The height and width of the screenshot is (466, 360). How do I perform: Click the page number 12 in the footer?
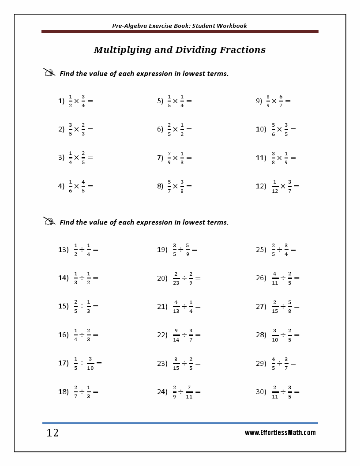pos(52,433)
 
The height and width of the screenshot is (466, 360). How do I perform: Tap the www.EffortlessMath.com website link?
pos(280,433)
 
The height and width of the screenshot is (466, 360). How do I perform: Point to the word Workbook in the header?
pos(232,26)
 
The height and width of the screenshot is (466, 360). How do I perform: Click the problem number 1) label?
pos(61,101)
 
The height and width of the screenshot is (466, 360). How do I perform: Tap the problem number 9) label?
pos(259,101)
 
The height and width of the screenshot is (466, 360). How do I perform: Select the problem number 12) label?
pos(261,186)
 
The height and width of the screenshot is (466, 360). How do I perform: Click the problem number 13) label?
pos(63,250)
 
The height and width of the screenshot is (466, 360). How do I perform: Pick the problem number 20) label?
pos(162,278)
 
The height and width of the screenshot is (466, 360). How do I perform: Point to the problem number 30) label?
pos(261,391)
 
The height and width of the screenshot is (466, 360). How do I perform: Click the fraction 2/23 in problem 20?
pos(176,278)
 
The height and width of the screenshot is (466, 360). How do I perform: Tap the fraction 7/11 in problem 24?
pos(189,391)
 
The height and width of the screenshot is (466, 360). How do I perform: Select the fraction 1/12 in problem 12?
pos(275,186)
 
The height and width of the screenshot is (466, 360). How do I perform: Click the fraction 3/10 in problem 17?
pos(90,363)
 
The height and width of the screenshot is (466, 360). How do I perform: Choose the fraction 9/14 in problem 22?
pos(176,335)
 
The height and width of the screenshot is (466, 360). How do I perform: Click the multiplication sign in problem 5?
pos(175,101)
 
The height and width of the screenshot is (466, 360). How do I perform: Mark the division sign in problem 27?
pos(283,307)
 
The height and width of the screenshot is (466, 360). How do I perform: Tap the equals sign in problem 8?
pos(189,186)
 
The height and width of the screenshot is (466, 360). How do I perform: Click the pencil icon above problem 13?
pos(49,221)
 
